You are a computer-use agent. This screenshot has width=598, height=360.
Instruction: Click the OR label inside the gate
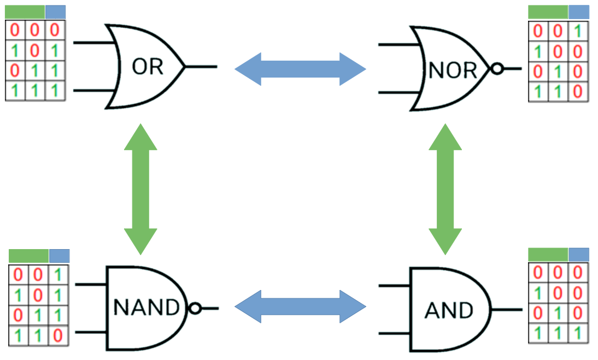148,67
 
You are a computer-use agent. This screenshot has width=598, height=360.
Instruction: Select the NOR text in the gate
453,70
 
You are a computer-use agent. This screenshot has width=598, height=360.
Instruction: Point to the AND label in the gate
449,311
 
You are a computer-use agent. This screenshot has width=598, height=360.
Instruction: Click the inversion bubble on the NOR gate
497,69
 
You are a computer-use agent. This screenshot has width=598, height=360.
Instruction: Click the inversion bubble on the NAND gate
195,309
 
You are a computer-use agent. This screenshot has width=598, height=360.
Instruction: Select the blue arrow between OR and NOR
300,69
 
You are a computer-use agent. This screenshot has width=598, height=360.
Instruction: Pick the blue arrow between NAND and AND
300,306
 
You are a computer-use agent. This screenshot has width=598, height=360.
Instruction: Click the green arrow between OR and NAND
140,189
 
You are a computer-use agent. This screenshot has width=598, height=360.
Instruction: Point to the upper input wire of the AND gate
394,286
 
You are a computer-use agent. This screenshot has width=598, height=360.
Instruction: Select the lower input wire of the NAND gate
91,332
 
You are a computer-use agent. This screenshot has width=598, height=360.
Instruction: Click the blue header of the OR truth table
55,12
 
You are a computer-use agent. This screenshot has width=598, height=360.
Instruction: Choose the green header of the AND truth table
548,255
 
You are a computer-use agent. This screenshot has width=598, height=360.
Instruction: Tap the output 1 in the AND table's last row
578,332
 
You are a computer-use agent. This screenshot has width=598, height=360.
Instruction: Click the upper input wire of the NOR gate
395,44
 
